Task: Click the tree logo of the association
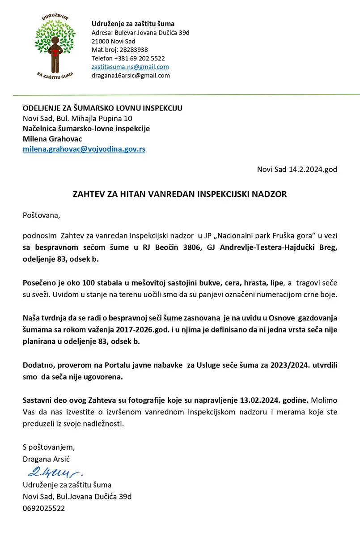coord(55,47)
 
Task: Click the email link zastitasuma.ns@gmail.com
coord(130,67)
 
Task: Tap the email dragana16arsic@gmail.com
coord(131,76)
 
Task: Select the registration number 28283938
coord(132,50)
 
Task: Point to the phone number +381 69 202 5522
coord(139,58)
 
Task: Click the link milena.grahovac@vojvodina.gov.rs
coord(84,149)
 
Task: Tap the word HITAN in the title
coord(127,195)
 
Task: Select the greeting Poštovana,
coord(41,215)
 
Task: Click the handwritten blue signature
coord(54,472)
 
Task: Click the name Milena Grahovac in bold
coord(52,139)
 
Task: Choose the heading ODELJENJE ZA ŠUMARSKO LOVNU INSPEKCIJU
coord(102,108)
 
